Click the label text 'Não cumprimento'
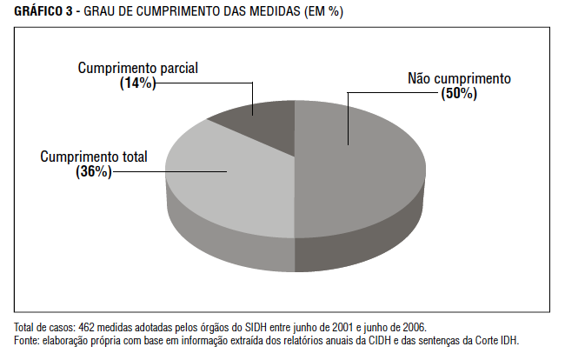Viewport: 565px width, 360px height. point(460,78)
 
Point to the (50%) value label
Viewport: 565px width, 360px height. point(459,93)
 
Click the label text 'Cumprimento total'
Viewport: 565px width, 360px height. point(94,157)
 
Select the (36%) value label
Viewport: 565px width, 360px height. point(94,172)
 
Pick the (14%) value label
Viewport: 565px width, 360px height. point(137,83)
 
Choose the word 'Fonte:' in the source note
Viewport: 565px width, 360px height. point(27,340)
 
